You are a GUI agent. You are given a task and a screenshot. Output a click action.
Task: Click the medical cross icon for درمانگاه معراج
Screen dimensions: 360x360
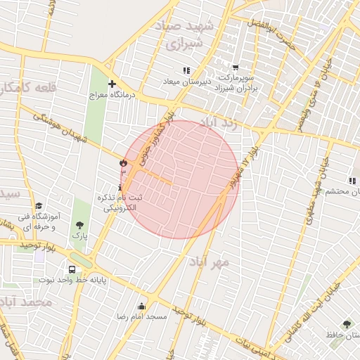point(111,84)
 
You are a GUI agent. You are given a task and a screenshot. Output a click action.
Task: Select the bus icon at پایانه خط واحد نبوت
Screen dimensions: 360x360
point(72,269)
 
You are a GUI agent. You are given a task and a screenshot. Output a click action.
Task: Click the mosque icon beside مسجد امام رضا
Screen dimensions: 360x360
point(142,306)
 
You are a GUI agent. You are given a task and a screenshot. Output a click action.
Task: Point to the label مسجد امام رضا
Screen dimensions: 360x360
point(143,317)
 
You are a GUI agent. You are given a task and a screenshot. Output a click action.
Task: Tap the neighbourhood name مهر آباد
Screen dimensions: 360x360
point(208,262)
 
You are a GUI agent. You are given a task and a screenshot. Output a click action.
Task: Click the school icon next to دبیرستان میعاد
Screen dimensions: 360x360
point(186,70)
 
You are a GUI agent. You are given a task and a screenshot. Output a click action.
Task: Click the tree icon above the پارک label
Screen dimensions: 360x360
point(79,225)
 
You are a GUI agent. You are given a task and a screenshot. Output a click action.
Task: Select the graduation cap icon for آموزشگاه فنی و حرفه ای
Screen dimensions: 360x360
point(39,205)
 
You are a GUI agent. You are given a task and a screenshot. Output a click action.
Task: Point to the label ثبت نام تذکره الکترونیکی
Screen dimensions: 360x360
point(124,202)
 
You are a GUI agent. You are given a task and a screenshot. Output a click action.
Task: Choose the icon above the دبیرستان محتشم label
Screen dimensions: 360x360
point(351,181)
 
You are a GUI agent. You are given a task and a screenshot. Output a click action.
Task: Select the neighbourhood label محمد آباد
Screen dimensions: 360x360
point(27,302)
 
